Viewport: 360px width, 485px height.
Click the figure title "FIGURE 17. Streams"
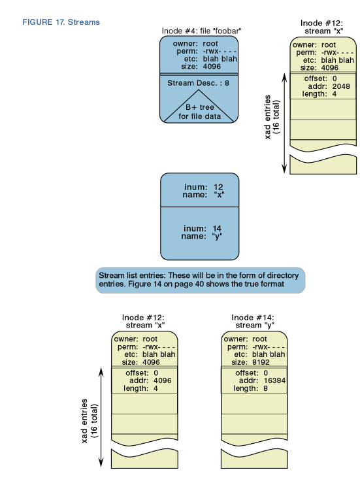pos(61,22)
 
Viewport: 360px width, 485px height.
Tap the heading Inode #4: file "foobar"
pos(201,31)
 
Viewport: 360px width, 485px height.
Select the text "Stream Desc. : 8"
pos(198,83)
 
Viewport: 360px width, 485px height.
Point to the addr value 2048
pos(341,86)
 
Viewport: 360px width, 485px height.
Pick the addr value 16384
pos(274,381)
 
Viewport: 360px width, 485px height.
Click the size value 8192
pos(261,362)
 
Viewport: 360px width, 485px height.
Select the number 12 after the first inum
pos(218,187)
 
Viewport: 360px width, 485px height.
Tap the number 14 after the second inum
pos(217,229)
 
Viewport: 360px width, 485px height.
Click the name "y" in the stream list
pos(218,237)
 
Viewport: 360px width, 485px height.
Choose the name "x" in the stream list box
pos(219,195)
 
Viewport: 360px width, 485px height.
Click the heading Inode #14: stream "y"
pos(254,322)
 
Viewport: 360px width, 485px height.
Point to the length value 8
pos(265,388)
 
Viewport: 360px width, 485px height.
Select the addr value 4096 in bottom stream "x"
pos(163,381)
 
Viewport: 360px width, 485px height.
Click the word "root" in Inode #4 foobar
pos(210,44)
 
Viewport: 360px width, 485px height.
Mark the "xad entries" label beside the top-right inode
pos(267,117)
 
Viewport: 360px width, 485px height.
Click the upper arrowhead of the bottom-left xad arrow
pos(101,371)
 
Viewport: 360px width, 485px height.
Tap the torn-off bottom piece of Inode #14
pos(254,460)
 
